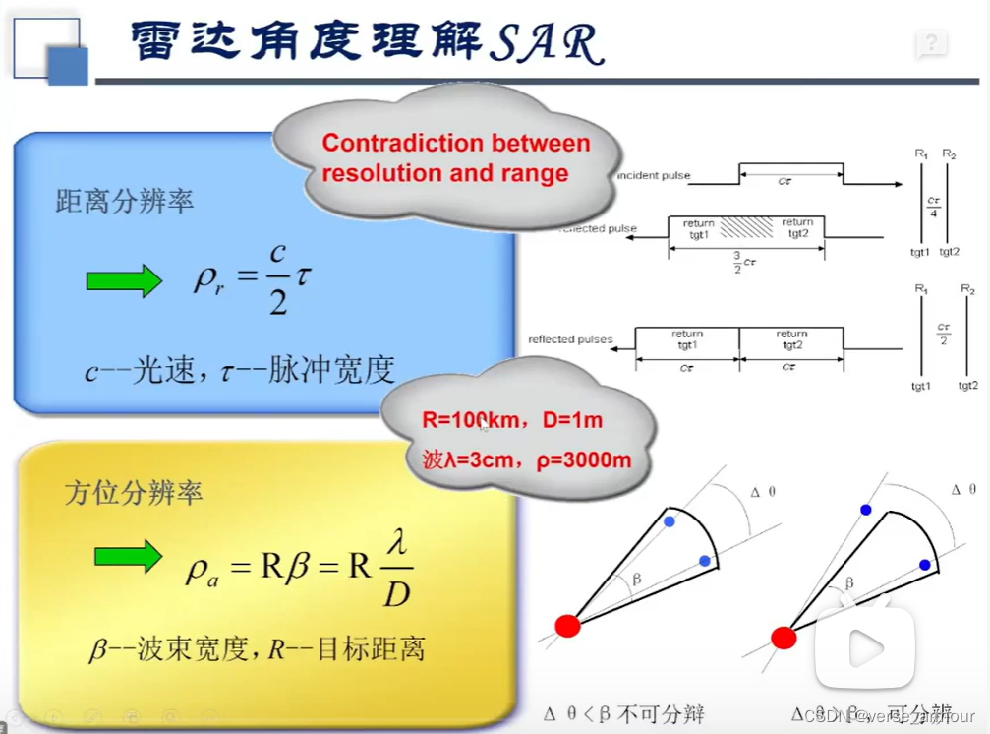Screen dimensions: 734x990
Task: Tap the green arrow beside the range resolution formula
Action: pos(124,280)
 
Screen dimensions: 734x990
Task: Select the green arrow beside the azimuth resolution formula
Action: pos(128,556)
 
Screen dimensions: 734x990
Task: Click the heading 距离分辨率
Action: pos(125,203)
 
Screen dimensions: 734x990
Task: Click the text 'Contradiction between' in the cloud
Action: pos(456,144)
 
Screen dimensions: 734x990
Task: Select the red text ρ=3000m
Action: pos(584,459)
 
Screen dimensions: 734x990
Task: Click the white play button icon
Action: pos(865,646)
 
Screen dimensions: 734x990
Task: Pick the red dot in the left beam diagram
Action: pos(567,625)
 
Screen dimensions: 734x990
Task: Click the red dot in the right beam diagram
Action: pos(784,638)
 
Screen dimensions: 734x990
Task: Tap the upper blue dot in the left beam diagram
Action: pos(670,520)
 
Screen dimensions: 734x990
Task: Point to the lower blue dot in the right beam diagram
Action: pos(925,565)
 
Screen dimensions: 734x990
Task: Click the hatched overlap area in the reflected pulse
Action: pos(747,228)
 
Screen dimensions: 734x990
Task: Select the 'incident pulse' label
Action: pos(654,176)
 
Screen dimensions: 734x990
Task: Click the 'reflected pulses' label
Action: pos(570,339)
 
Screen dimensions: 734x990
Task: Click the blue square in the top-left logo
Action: pos(68,66)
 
